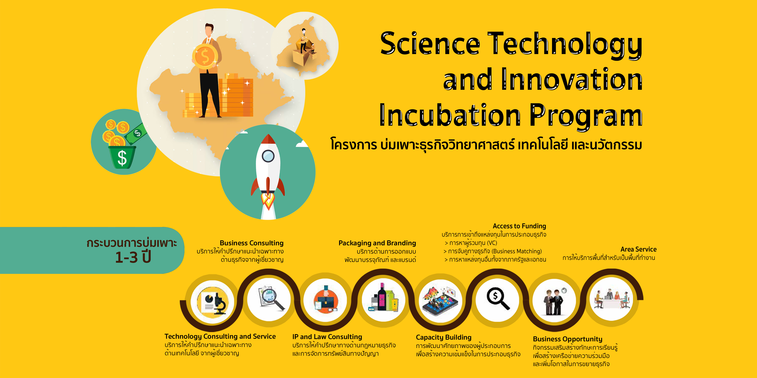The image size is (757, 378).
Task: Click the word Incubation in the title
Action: pos(450,115)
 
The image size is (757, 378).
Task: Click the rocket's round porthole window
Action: pos(268,156)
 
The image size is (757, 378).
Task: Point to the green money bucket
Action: pos(122,157)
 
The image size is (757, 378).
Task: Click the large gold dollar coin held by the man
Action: pos(205,57)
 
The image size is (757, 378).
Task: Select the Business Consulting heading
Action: pos(252,243)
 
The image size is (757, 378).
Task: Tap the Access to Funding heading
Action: pos(519,226)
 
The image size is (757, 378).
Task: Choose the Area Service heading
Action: pos(638,249)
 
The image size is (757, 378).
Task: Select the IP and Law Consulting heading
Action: pos(327,337)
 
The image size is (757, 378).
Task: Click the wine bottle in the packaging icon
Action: pos(382,297)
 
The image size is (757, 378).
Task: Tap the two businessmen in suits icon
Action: pos(553,302)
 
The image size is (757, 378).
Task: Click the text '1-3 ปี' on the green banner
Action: pos(133,257)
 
